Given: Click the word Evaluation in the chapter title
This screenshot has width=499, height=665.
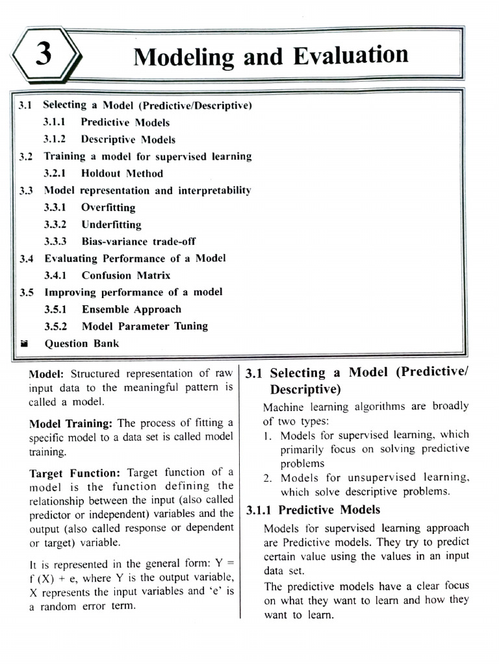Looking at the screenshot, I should [351, 56].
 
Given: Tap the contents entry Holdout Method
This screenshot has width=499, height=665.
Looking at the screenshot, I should [122, 173].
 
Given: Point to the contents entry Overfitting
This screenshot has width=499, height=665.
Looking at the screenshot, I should [109, 208].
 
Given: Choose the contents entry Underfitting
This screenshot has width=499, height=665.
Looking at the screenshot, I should [111, 225].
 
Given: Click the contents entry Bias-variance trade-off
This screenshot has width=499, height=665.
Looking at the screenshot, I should [138, 242].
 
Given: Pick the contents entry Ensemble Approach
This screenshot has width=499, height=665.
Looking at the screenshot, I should [131, 310].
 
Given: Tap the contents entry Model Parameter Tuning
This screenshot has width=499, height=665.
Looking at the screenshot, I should [145, 327].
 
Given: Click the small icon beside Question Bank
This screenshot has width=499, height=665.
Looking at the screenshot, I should [24, 344].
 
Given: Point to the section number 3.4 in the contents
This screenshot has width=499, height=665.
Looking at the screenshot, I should [27, 258].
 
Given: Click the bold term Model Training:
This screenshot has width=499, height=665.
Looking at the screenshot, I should [71, 423].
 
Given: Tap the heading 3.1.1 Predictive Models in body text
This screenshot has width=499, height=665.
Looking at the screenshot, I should [313, 510].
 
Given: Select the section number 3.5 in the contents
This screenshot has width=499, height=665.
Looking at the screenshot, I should [27, 292].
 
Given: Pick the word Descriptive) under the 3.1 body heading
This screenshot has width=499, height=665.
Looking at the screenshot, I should [305, 390].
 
